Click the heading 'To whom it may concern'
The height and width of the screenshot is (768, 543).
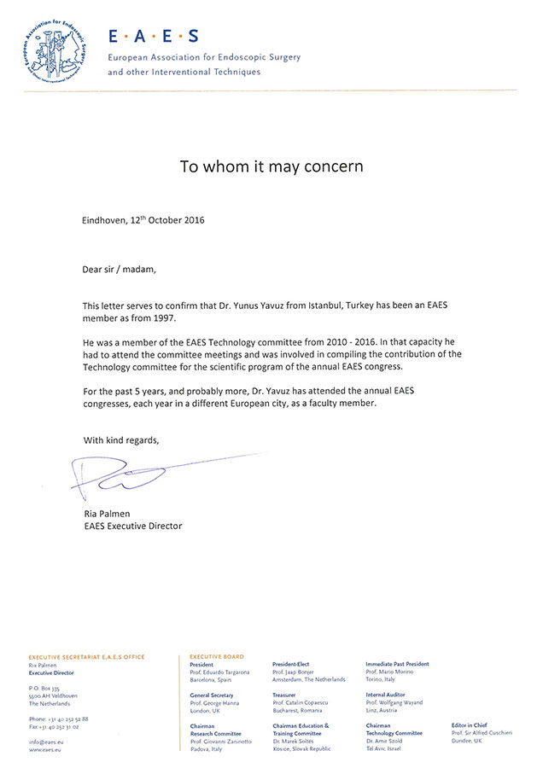pos(271,166)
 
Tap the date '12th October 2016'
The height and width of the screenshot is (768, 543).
pos(167,219)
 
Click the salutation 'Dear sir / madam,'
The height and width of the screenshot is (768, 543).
pos(120,269)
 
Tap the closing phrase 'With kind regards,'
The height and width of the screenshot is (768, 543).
pos(120,440)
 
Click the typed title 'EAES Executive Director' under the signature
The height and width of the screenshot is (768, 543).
pos(132,526)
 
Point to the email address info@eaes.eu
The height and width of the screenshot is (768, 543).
pos(46,742)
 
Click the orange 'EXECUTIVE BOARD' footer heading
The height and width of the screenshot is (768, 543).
pos(216,656)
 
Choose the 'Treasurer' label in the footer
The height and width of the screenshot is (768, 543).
pos(286,695)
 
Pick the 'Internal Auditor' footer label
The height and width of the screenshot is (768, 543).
pos(386,695)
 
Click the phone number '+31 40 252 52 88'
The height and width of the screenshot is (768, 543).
pos(63,719)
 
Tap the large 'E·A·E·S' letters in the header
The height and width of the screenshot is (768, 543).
pos(153,36)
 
